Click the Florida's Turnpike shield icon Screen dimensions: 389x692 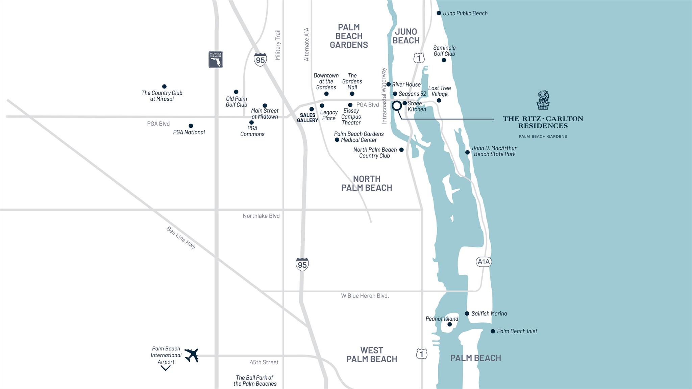(216, 59)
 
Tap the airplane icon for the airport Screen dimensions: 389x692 (192, 355)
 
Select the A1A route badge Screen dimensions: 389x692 (484, 262)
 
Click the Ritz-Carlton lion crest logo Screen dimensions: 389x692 (543, 100)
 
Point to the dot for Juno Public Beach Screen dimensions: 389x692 (439, 13)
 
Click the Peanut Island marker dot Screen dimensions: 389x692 (449, 324)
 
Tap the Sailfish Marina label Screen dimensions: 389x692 (489, 314)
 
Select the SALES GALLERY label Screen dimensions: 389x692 (307, 118)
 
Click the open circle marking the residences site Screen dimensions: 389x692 (397, 106)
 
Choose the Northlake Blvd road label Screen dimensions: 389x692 (261, 216)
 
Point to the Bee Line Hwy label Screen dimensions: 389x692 (181, 238)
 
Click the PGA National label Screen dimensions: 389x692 (189, 132)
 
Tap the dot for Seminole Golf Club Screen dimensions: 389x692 (444, 60)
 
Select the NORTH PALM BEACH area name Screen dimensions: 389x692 (367, 183)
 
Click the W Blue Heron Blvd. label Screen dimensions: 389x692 (365, 296)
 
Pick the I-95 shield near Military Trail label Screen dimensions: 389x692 (260, 60)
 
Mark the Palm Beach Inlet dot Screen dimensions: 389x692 (493, 331)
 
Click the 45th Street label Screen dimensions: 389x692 (264, 362)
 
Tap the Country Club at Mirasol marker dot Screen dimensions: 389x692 (164, 87)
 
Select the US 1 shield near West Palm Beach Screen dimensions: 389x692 (421, 354)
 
